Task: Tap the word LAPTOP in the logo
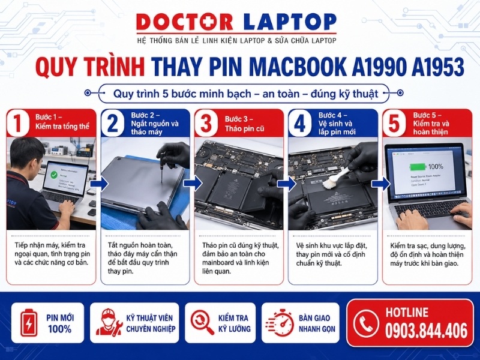pyautogui.click(x=290, y=22)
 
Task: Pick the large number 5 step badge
pyautogui.click(x=394, y=124)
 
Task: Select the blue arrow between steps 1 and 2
pyautogui.click(x=97, y=183)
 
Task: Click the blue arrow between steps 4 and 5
pyautogui.click(x=379, y=183)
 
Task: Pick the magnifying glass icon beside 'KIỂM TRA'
pyautogui.click(x=202, y=323)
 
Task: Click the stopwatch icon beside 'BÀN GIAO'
pyautogui.click(x=279, y=323)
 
